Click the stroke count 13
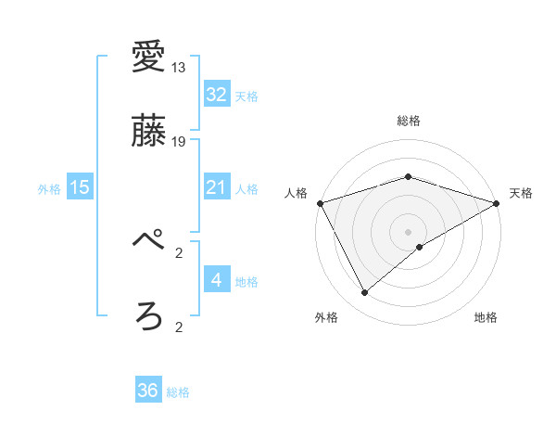179,68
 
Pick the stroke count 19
179,142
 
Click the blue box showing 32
216,94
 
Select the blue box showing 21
216,187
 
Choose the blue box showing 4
216,279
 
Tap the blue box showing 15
80,187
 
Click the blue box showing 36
147,391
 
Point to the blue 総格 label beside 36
178,392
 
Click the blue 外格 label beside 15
49,189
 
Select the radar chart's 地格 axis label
486,318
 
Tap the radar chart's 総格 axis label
408,122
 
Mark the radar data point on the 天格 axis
497,202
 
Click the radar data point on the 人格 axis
320,202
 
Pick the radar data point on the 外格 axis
364,293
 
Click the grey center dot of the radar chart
408,231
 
